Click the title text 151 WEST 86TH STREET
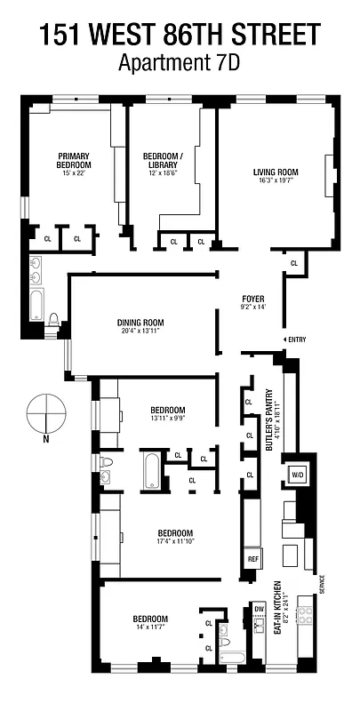click(x=180, y=35)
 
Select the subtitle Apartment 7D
click(x=180, y=63)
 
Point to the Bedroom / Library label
click(x=163, y=160)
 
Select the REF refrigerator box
click(x=252, y=559)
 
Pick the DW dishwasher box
click(x=259, y=609)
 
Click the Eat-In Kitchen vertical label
click(x=277, y=613)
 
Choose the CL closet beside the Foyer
click(x=294, y=263)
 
